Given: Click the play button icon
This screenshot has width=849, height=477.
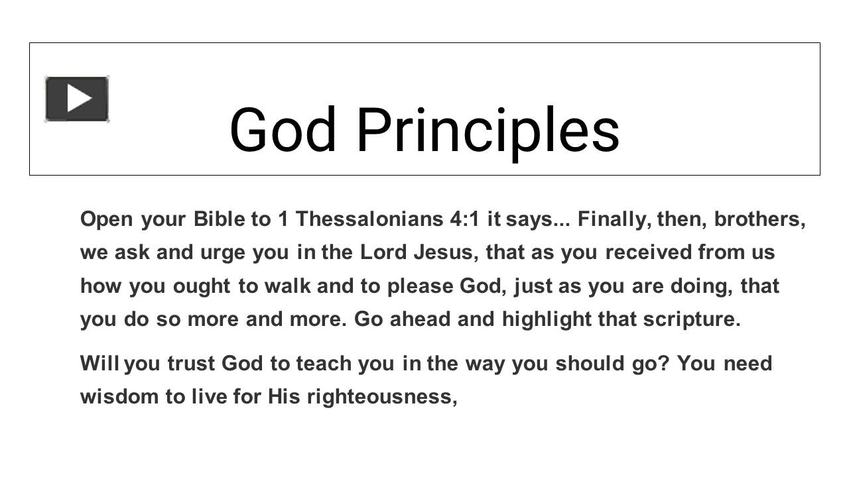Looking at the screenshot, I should tap(77, 99).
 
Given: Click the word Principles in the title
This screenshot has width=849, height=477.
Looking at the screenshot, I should tap(488, 131).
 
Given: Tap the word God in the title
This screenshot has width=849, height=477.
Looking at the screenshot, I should tap(283, 131).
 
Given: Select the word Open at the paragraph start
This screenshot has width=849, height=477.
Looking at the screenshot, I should tap(107, 219).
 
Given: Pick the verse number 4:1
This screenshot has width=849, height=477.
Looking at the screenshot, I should tap(464, 219).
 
